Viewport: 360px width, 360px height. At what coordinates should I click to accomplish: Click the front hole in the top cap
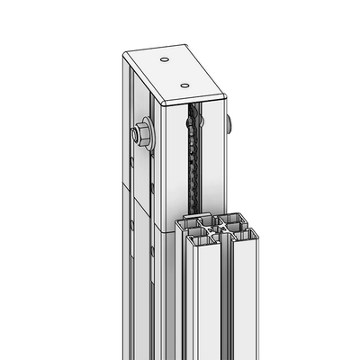coord(185,85)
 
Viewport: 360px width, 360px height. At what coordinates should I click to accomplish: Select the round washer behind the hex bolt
coord(147,136)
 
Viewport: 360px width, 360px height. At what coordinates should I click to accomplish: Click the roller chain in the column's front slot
coord(191,162)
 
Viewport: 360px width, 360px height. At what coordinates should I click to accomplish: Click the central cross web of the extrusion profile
coord(214,231)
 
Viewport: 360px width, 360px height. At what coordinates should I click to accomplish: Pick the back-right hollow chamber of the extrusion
coord(230,220)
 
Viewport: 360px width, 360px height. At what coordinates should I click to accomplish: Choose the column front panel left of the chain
coord(175,171)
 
